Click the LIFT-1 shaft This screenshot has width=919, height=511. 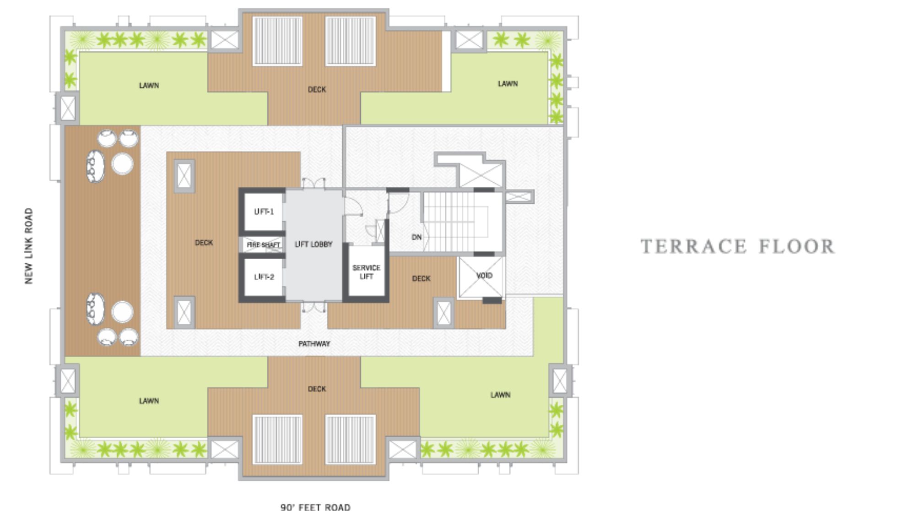click(x=264, y=212)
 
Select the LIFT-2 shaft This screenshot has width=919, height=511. click(x=264, y=277)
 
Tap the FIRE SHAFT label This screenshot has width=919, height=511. click(x=263, y=245)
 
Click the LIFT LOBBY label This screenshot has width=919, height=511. click(x=314, y=245)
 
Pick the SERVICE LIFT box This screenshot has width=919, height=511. click(x=366, y=272)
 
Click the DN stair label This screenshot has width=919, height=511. click(x=416, y=237)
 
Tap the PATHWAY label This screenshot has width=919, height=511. click(x=314, y=343)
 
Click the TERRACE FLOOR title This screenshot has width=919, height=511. click(x=737, y=246)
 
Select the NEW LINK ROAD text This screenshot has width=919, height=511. click(x=29, y=246)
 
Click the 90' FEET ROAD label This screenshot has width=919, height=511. click(x=315, y=506)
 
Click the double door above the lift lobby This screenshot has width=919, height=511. click(x=314, y=184)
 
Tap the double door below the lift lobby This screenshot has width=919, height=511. click(x=314, y=306)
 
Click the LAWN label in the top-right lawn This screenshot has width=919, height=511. click(x=508, y=84)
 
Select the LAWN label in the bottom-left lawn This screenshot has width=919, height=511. click(x=149, y=401)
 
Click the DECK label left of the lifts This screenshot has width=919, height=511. click(x=204, y=243)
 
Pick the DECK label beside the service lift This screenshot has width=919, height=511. click(x=421, y=278)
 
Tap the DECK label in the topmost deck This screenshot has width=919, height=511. click(x=317, y=89)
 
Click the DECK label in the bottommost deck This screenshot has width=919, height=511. click(x=317, y=389)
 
